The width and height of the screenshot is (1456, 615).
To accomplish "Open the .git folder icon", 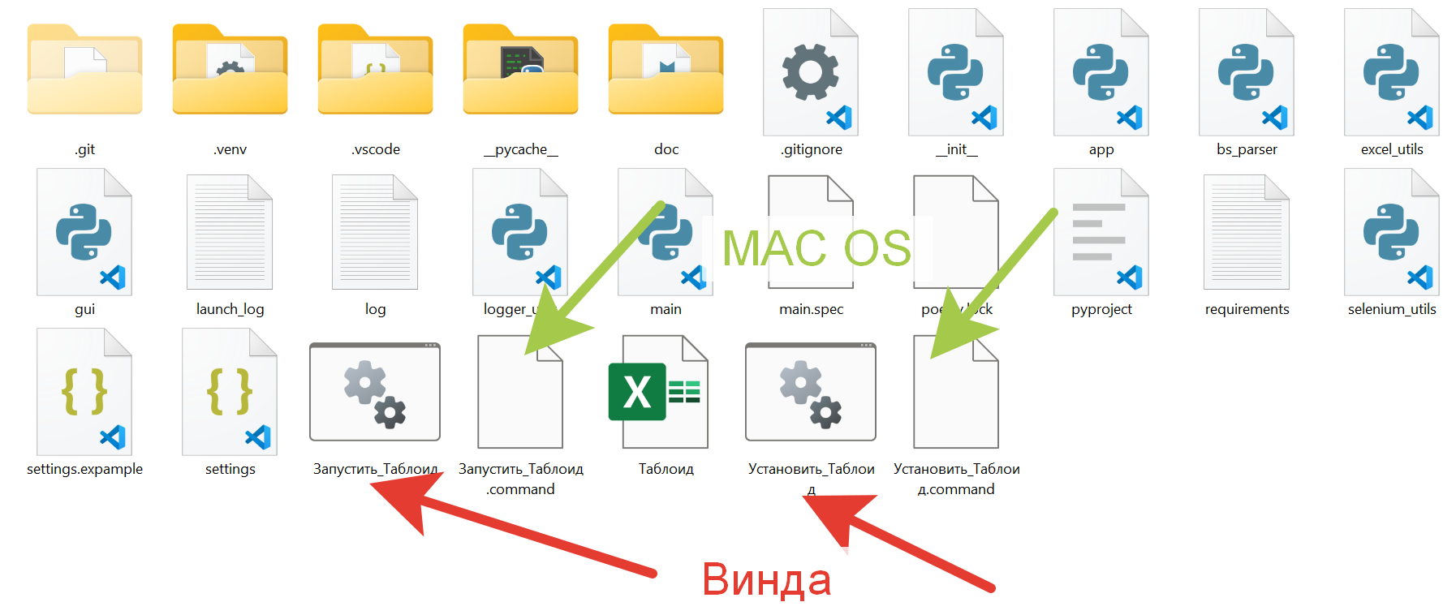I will tap(84, 71).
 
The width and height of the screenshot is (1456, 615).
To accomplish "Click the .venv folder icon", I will tap(230, 71).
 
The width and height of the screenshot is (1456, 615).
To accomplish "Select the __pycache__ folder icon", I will tap(520, 71).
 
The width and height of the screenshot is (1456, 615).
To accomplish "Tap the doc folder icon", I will tap(666, 71).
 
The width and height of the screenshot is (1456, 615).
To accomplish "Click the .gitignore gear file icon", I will tap(811, 72).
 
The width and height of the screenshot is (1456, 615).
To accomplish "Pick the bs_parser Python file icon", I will tap(1246, 72).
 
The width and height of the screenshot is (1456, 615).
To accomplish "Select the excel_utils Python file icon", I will tap(1391, 72).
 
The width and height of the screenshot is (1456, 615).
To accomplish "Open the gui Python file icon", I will tap(84, 232).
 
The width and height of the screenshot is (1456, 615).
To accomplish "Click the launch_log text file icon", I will tap(230, 232).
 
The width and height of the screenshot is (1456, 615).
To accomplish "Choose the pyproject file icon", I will tap(1101, 232).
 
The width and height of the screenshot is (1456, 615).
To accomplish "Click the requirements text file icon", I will tap(1246, 232).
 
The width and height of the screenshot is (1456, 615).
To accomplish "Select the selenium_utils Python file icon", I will tap(1391, 232).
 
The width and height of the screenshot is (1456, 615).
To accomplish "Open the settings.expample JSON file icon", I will tap(84, 392).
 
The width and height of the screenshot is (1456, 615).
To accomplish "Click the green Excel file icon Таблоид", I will tap(658, 392).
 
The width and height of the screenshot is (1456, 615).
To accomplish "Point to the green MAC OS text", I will tap(816, 248).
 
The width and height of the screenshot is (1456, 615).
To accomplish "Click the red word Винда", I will tap(766, 580).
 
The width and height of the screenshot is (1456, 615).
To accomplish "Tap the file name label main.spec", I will tap(811, 309).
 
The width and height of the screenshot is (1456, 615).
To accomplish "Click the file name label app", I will tap(1101, 149).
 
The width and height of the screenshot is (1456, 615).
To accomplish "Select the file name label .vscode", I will tap(376, 149).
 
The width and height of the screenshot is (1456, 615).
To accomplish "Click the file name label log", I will tap(375, 309).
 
